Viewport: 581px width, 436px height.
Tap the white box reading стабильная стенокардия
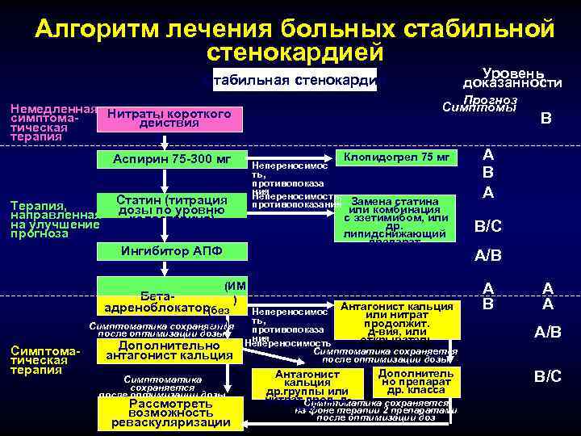point(295,80)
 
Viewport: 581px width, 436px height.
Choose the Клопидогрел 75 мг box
point(396,157)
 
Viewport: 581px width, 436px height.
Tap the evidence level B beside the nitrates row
point(545,119)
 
